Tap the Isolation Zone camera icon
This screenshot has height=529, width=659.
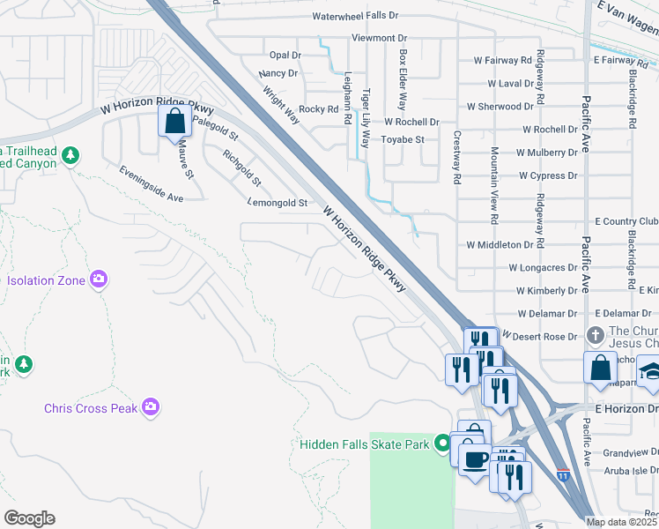point(99,279)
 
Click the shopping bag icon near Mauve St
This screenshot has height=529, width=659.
point(174,120)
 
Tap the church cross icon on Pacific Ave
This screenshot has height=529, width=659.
point(596,336)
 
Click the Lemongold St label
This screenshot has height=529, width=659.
point(278,203)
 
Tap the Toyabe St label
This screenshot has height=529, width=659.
point(402,139)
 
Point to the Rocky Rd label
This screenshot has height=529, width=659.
point(319,109)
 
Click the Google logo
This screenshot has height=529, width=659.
point(29,518)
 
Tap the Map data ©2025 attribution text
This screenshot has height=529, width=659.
point(622,522)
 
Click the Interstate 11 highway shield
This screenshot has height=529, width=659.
point(563,476)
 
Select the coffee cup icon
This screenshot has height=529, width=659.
point(476,459)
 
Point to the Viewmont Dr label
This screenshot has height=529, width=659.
point(379,38)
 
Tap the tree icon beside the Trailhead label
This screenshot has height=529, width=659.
point(70,156)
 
